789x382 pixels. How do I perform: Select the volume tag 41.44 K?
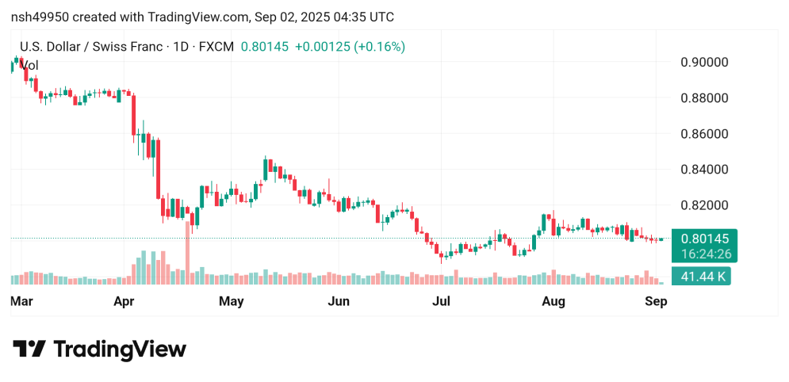(700, 277)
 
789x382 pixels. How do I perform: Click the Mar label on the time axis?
(21, 301)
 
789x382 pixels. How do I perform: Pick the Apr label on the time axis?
(124, 301)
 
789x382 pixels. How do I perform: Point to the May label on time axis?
(231, 301)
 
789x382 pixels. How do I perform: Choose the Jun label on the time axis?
(339, 301)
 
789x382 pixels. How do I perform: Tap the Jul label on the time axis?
(441, 301)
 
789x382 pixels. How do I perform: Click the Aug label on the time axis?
(553, 301)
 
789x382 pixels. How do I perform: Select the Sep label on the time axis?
(656, 301)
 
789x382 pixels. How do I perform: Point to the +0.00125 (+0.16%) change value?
(350, 47)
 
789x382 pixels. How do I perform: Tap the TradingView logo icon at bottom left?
(30, 349)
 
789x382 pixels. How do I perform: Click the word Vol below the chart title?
(29, 65)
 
